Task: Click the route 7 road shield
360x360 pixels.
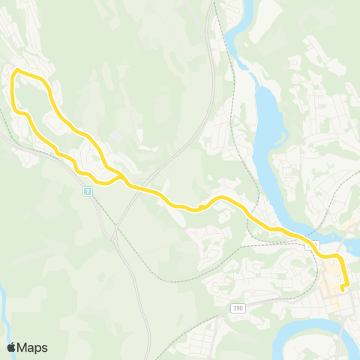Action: tap(88, 191)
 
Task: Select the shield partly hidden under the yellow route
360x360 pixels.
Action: tap(313, 244)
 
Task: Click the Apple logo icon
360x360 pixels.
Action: tap(12, 347)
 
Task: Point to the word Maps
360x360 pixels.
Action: tap(33, 347)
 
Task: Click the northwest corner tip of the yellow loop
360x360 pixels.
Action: tap(16, 70)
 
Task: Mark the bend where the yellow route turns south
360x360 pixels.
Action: tap(338, 259)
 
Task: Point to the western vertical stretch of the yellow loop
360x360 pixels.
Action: tap(13, 94)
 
